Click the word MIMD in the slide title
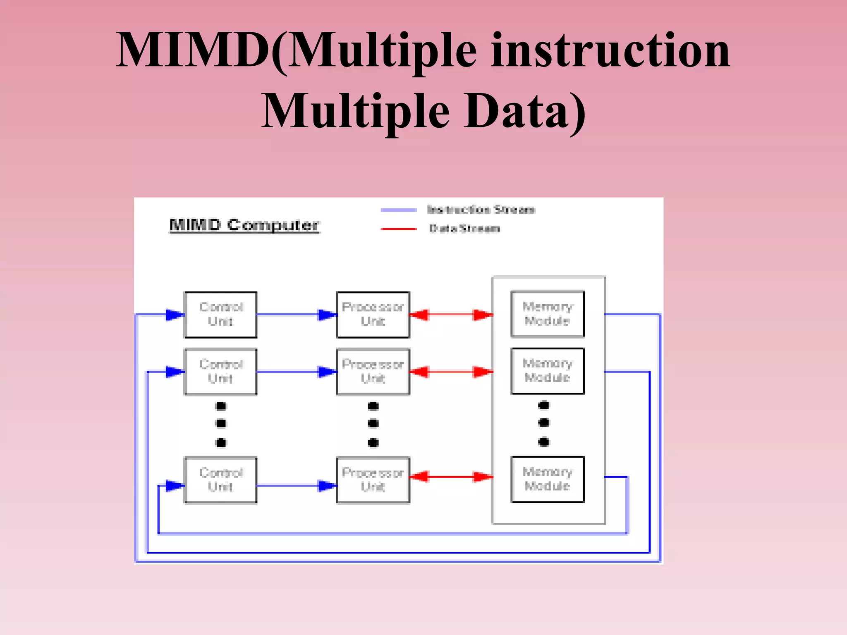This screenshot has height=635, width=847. (x=192, y=50)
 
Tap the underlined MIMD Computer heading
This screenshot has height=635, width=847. (x=244, y=225)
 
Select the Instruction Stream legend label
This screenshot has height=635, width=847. (x=481, y=210)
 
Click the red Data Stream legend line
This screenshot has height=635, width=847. (x=398, y=229)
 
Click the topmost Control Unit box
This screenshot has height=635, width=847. (x=220, y=315)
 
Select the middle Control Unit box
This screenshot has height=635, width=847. (x=220, y=372)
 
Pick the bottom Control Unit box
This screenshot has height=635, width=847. (x=220, y=480)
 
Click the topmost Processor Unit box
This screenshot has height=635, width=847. (x=373, y=315)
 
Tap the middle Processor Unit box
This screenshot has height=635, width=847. (x=373, y=372)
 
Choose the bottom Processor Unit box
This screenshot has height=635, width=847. (x=373, y=480)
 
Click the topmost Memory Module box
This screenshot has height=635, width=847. (x=548, y=314)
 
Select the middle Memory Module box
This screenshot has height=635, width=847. (x=548, y=371)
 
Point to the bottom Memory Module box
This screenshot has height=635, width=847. (x=548, y=479)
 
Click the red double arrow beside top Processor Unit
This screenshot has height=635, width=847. (x=451, y=315)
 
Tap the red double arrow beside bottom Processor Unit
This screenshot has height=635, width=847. (x=451, y=477)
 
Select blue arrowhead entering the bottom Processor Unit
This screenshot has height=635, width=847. (x=327, y=486)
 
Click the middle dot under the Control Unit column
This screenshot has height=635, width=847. (x=221, y=423)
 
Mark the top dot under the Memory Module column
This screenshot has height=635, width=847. (x=544, y=405)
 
